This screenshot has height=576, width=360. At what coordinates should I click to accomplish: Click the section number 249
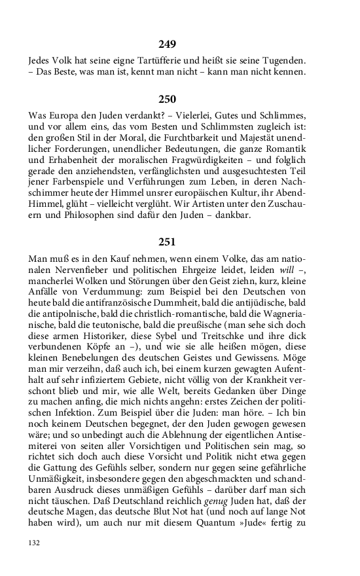click(167, 45)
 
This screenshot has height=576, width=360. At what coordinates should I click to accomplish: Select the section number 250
click(167, 99)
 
